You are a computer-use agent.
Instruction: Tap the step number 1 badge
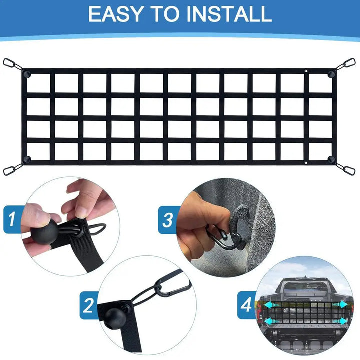point(12,218)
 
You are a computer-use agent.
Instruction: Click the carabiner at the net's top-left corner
point(10,63)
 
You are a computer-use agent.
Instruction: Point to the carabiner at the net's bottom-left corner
point(10,170)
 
